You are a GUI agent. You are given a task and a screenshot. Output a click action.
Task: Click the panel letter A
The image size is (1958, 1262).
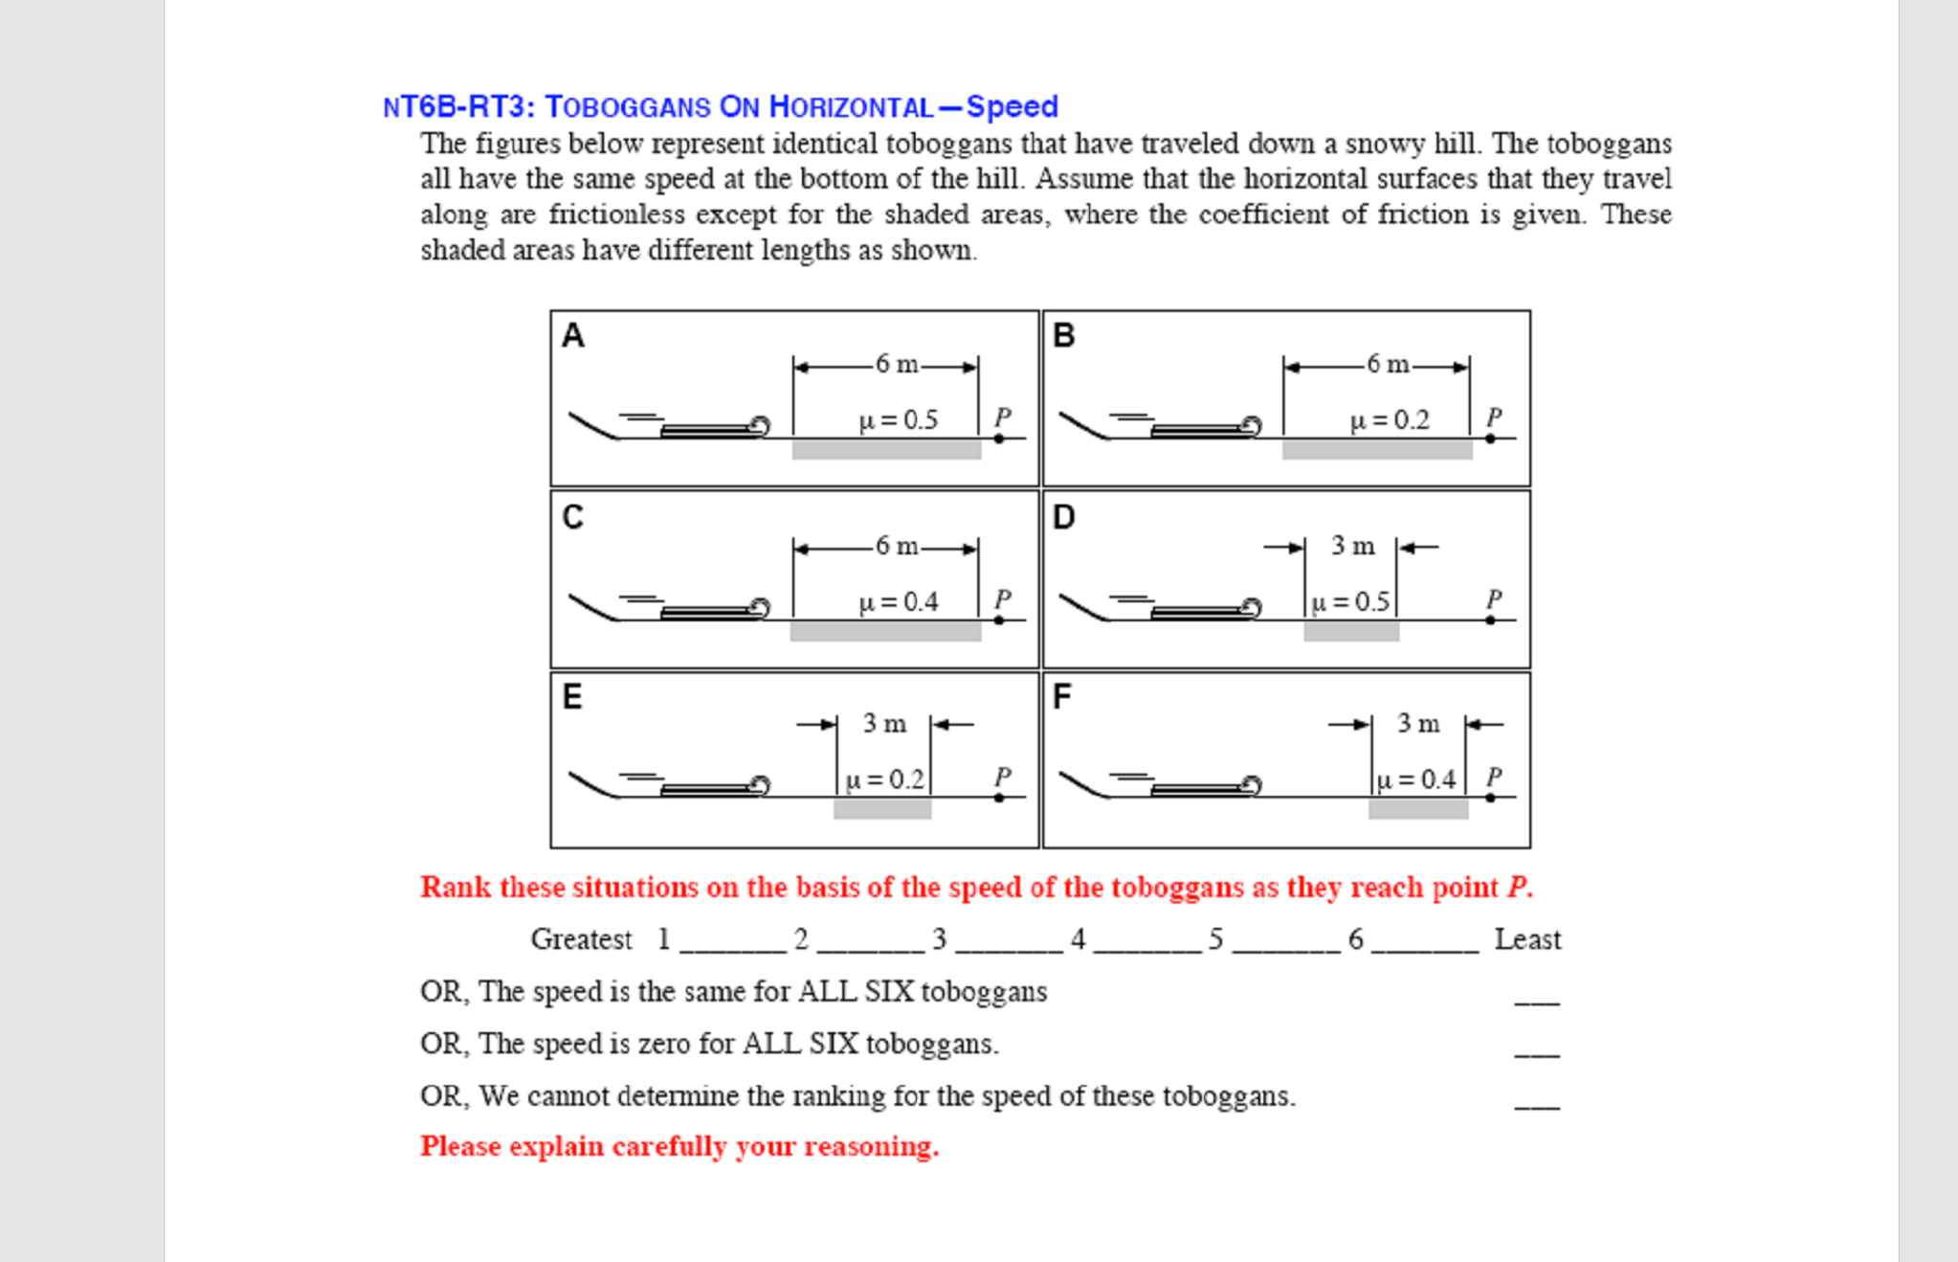[x=572, y=336]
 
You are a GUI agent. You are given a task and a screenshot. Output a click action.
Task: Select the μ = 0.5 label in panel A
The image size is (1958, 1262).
[x=898, y=420]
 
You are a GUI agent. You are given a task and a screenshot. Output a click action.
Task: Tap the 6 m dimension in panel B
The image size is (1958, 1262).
[x=1388, y=365]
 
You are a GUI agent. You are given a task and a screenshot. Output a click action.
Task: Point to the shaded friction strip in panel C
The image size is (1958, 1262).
[x=885, y=631]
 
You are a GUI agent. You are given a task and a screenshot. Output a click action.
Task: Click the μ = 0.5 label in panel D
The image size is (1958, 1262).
[x=1350, y=602]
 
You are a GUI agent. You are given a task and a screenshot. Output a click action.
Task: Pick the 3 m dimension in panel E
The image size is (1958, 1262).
[x=884, y=724]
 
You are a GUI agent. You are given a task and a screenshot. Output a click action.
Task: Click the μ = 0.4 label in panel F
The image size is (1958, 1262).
[x=1416, y=779]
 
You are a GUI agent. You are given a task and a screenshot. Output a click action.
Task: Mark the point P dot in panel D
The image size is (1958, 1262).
[x=1490, y=620]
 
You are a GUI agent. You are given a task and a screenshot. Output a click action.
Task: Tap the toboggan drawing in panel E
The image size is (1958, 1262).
[x=713, y=788]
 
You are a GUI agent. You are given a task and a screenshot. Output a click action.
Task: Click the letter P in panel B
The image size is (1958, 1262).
[x=1494, y=417]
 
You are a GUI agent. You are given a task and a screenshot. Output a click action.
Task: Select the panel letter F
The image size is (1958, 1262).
[x=1061, y=696]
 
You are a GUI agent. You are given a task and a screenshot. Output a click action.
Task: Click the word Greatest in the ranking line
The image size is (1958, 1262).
[x=581, y=939]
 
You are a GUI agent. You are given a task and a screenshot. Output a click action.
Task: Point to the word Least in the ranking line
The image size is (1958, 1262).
[x=1527, y=939]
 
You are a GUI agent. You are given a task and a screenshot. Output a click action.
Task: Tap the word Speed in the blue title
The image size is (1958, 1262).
[x=1012, y=106]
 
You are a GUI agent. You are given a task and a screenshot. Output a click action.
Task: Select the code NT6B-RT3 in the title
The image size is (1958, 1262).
[x=457, y=106]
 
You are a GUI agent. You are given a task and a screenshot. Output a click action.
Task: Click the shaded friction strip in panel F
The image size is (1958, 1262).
[x=1417, y=809]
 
